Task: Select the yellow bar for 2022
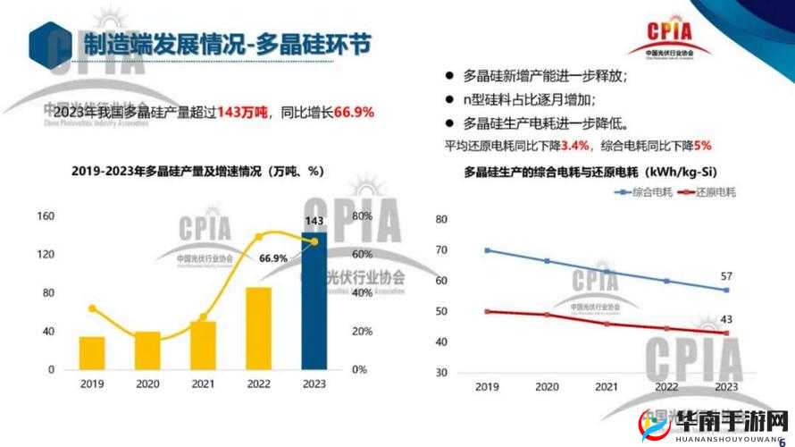258,328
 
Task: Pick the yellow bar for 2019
91,353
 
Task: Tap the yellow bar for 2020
147,350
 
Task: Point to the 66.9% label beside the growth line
273,258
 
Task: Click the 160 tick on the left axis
46,216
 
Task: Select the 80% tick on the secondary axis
362,216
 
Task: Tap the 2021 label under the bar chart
203,384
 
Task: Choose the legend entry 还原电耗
705,191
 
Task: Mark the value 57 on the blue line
726,276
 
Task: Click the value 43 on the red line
726,320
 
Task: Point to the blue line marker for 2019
487,250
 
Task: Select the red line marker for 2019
487,311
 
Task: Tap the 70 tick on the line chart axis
440,250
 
